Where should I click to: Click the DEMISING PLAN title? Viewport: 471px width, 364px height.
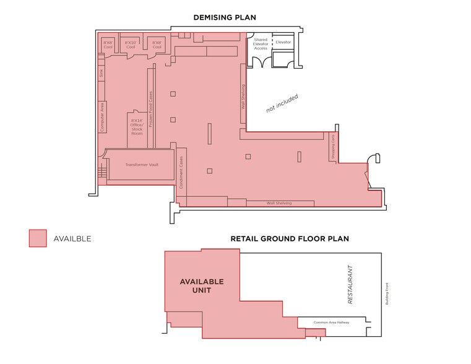(x=225, y=17)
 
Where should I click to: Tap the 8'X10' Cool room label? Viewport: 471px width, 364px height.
(x=131, y=45)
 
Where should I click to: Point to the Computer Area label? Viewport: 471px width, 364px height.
(x=102, y=116)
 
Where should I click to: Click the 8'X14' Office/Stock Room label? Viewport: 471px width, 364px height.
(x=137, y=126)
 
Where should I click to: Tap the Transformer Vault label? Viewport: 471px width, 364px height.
(x=142, y=165)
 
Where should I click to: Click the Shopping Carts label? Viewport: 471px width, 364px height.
(x=333, y=147)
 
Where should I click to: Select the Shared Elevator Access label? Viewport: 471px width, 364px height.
(x=261, y=44)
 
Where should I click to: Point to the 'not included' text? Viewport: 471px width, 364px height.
(x=282, y=103)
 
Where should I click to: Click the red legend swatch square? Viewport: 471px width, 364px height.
(x=38, y=238)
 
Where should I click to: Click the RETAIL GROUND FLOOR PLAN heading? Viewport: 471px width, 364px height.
(x=290, y=238)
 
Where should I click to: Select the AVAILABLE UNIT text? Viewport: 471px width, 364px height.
(x=202, y=286)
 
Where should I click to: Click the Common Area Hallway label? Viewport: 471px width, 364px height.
(x=329, y=323)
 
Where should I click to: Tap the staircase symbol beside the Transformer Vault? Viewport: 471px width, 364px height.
(x=102, y=172)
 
